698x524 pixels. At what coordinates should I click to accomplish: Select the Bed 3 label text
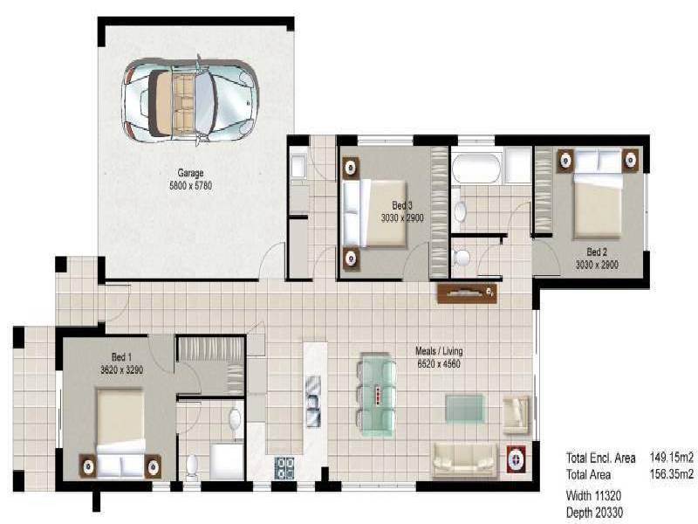pyautogui.click(x=402, y=206)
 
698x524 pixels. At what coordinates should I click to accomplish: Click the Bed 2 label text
pyautogui.click(x=597, y=252)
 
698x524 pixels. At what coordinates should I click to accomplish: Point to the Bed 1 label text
pyautogui.click(x=122, y=356)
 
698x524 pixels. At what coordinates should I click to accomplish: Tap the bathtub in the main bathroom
pyautogui.click(x=476, y=166)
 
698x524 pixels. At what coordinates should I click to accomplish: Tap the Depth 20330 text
pyautogui.click(x=594, y=513)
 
